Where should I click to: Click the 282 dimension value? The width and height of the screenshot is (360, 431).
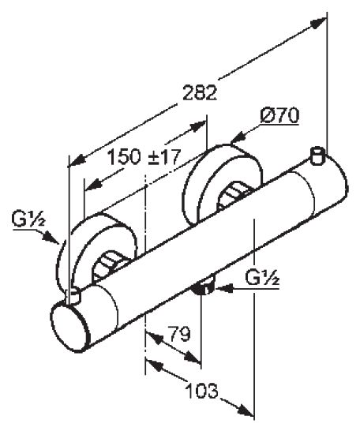coord(200,93)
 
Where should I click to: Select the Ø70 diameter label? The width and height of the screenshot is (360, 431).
coord(279,116)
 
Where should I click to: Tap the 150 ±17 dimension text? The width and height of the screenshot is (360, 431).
coord(144,157)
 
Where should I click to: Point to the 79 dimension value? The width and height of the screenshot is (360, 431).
coord(179,334)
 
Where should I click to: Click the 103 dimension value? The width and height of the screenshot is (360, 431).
coord(202,391)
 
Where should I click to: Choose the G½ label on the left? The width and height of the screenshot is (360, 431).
coord(28,220)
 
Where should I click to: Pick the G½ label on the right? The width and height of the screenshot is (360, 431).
coord(263,278)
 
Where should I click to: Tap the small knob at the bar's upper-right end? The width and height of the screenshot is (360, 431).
coord(318,156)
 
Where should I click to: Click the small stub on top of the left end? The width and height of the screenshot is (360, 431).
coord(74,295)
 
